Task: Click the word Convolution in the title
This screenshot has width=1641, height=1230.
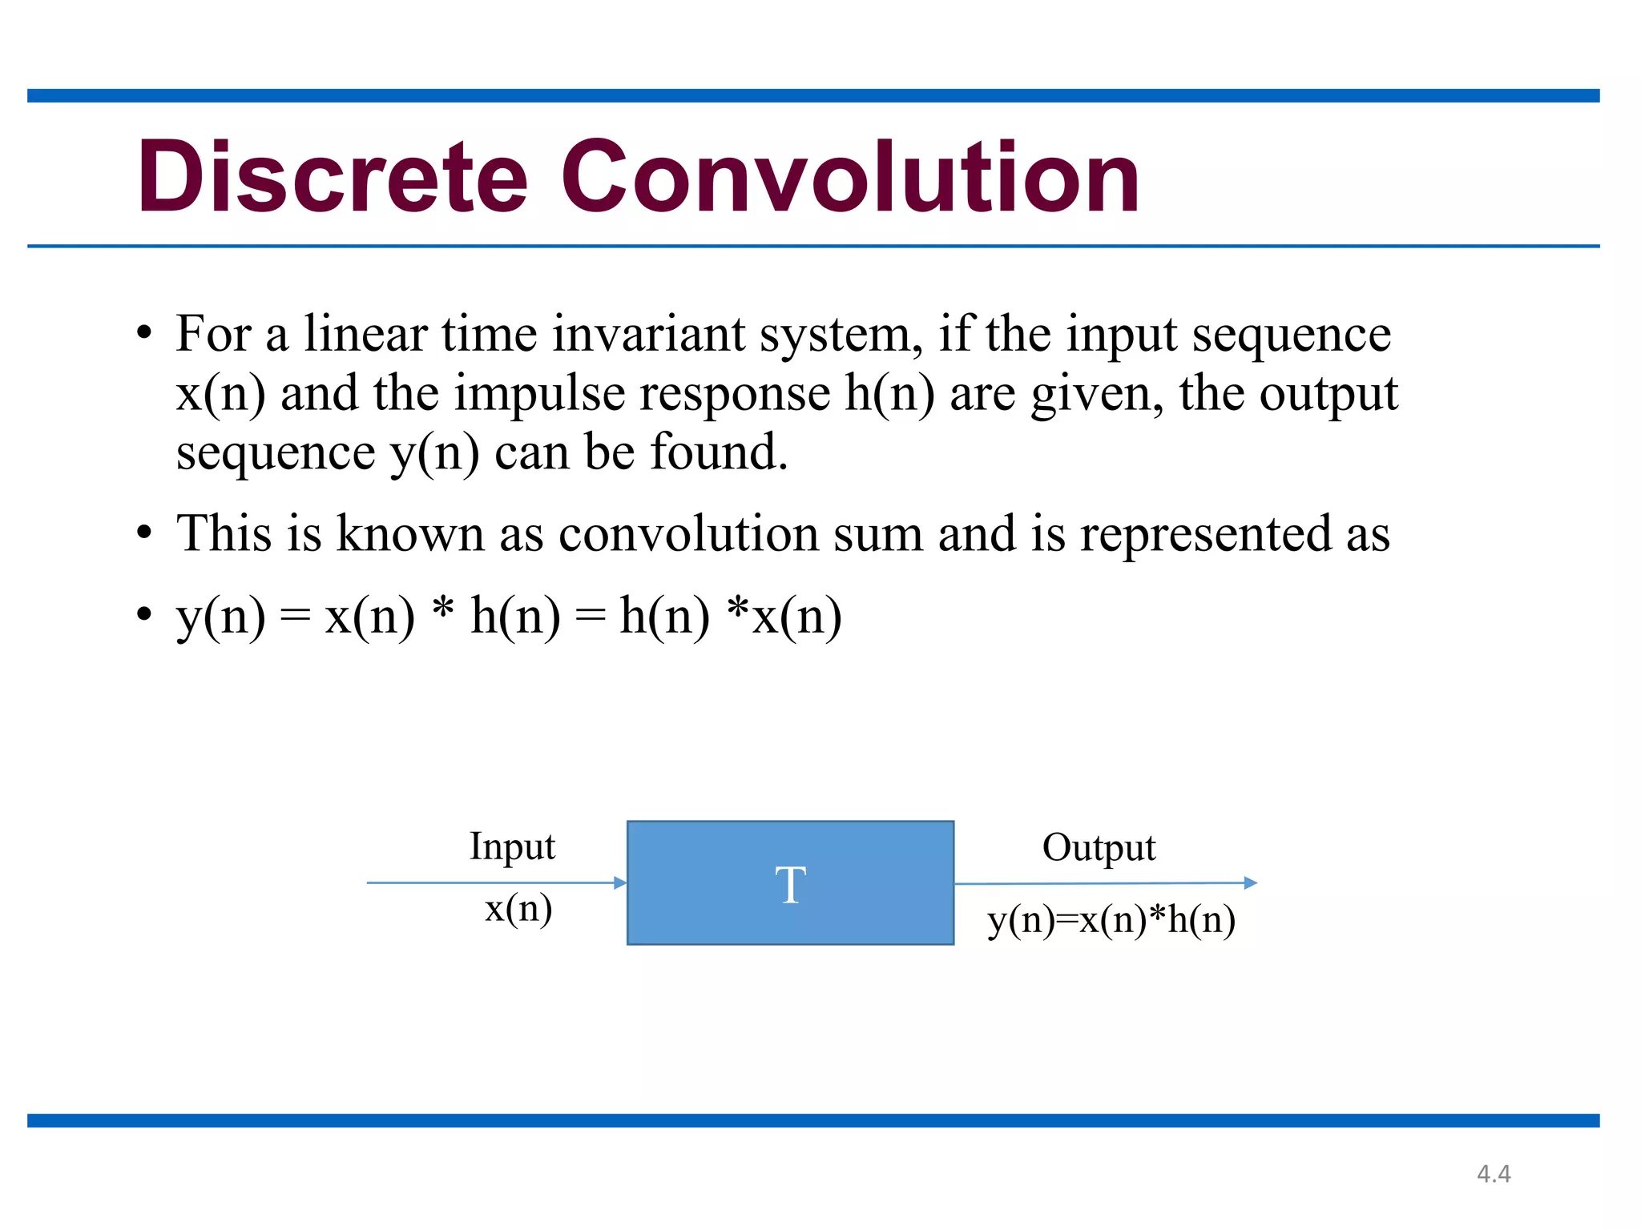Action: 849,178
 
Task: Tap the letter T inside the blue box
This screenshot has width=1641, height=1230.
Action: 790,885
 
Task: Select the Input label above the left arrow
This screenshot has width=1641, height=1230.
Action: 512,847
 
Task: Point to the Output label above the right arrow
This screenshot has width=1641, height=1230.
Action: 1099,848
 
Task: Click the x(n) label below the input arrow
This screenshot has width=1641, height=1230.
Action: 518,909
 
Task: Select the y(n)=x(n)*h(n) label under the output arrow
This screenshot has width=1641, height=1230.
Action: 1111,920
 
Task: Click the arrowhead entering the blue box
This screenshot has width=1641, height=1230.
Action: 620,882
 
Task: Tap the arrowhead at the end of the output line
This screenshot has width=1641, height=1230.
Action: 1251,882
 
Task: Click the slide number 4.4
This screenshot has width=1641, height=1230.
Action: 1494,1174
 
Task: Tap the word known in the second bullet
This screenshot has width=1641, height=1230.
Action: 409,533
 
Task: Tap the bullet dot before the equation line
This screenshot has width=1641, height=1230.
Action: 143,616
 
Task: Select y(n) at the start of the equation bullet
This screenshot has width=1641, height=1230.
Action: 221,618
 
